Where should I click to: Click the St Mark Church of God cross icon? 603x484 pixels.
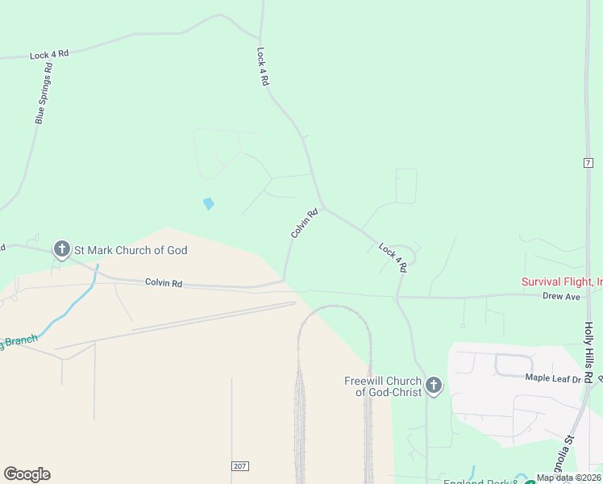point(62,250)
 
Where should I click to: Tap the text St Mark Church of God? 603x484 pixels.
point(131,250)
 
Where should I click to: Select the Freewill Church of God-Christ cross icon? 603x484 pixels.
point(434,386)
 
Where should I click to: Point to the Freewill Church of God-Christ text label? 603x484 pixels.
point(383,386)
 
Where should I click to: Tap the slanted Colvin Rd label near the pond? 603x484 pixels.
point(305,223)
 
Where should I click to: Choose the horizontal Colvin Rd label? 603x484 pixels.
point(164,283)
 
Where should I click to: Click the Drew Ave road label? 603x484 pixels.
point(561,296)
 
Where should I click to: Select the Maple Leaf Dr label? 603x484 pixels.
point(553,377)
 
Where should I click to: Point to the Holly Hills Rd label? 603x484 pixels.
point(588,353)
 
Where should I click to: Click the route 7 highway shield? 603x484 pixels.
point(588,162)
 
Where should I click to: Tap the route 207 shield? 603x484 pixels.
point(240,466)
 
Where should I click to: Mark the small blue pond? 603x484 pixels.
point(209,203)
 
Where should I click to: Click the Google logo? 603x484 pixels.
point(27,474)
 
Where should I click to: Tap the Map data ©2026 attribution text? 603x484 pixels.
point(568,478)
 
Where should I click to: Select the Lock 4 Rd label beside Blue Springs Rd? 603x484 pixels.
point(49,55)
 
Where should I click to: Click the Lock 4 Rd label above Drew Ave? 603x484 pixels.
point(393,258)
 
